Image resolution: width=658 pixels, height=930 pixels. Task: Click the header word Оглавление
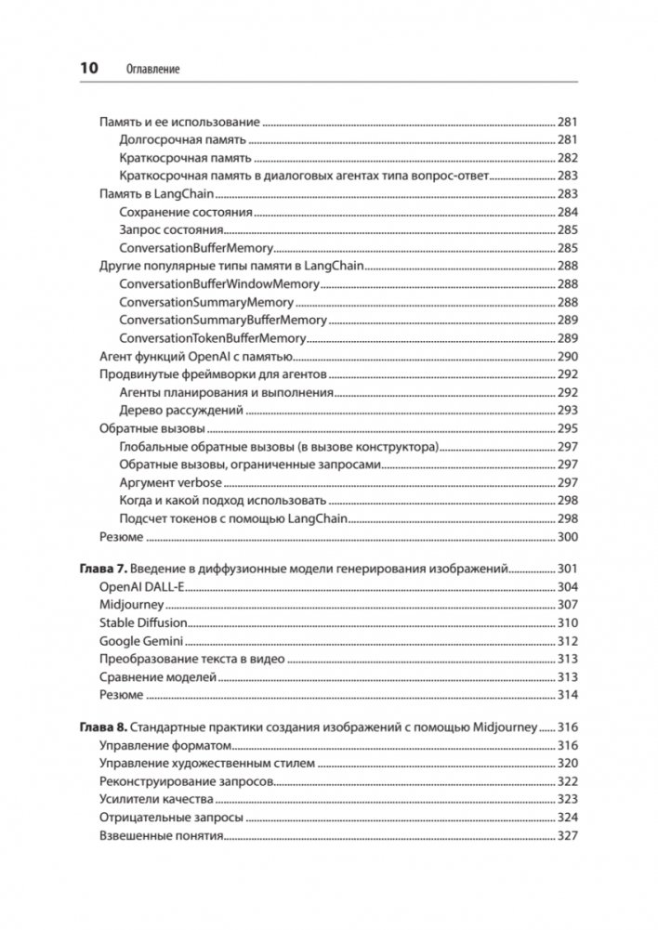[x=151, y=69]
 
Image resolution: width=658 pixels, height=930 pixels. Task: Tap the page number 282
[x=568, y=158]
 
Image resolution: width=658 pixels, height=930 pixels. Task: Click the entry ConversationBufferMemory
[x=196, y=248]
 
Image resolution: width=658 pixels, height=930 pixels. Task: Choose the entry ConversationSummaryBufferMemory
[x=223, y=320]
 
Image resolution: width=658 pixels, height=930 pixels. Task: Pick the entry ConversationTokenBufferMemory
[x=212, y=338]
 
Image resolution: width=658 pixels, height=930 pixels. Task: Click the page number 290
[x=568, y=356]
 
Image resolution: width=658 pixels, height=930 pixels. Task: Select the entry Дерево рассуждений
[x=181, y=410]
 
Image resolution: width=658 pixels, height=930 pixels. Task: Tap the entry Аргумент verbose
[x=171, y=482]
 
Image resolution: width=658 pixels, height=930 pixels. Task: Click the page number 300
[x=568, y=536]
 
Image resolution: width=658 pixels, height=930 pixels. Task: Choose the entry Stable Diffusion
[x=143, y=622]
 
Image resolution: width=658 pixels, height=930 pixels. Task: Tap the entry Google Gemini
[x=140, y=641]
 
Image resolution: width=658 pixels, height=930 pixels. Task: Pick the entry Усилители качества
[x=156, y=800]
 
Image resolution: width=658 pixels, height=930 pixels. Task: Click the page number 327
[x=568, y=836]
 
